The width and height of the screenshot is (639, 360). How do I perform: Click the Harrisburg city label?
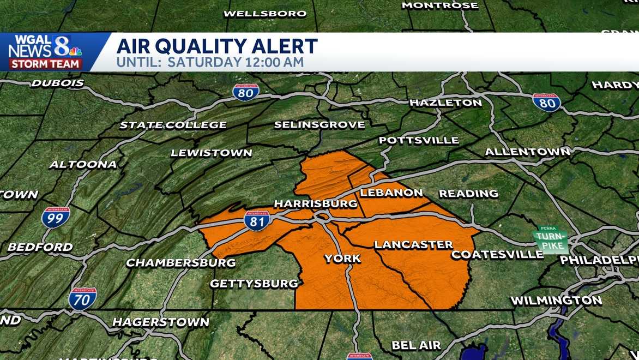(x=315, y=203)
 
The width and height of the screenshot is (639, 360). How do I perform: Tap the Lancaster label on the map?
(x=413, y=244)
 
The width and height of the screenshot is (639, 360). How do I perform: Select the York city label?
(x=342, y=258)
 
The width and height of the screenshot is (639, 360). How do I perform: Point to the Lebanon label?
(x=391, y=193)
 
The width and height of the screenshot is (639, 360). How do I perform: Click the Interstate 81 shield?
(x=257, y=221)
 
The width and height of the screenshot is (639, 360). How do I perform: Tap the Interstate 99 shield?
(x=56, y=217)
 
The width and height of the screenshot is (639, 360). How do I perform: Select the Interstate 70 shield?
(x=83, y=299)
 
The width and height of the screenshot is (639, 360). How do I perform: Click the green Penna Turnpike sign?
(x=551, y=239)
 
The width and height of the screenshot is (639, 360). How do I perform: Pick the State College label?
(x=173, y=125)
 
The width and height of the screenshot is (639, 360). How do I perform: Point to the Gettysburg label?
(x=254, y=284)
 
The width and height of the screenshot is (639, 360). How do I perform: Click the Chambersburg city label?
(x=181, y=263)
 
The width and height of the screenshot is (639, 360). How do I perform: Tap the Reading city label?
(x=468, y=193)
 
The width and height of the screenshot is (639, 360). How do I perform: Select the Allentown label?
(x=527, y=152)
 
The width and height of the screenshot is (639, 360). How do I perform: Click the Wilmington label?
(x=556, y=301)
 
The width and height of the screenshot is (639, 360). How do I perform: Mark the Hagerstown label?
(x=160, y=322)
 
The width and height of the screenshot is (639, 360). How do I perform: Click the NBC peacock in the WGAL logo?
(x=75, y=51)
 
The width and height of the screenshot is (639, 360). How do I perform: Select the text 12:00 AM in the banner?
(x=269, y=62)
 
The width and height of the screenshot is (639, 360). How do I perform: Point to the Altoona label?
(x=83, y=164)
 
